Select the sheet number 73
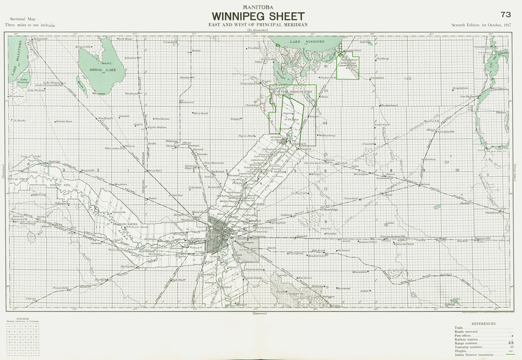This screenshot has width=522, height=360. [506, 14]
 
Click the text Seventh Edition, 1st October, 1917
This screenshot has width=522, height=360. [481, 25]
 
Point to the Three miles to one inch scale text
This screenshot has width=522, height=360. [30, 25]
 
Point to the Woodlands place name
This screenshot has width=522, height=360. [105, 118]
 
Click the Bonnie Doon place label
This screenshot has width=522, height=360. [64, 122]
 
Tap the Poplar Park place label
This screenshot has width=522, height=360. [328, 78]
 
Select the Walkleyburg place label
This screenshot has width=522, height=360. [327, 135]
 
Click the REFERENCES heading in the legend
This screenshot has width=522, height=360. [484, 324]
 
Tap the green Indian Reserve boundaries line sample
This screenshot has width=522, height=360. [508, 353]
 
